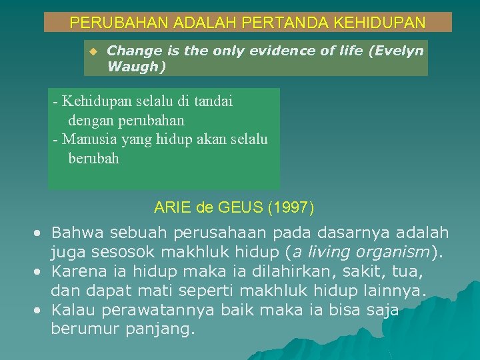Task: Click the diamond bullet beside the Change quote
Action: click(93, 51)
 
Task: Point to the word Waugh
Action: click(133, 67)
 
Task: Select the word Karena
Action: click(76, 272)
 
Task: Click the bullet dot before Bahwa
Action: click(40, 233)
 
